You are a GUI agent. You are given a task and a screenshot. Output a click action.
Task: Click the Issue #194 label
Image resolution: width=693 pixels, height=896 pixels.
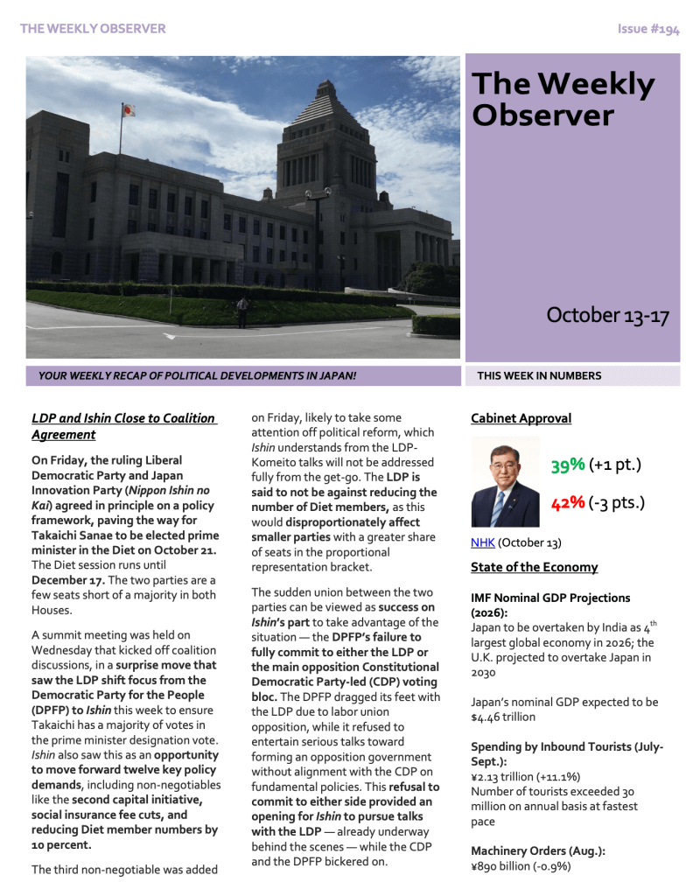click(647, 29)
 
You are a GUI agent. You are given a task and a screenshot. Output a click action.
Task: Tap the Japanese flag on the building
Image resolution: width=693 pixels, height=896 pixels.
click(128, 110)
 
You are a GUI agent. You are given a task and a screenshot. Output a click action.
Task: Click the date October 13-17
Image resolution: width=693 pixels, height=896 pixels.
click(607, 315)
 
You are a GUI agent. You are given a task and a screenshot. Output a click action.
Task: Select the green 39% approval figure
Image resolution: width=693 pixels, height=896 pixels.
click(568, 465)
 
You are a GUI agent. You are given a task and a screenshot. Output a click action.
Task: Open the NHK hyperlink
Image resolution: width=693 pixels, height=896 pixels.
click(482, 542)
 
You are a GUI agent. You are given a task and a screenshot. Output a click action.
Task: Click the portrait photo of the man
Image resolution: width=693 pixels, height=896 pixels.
click(505, 481)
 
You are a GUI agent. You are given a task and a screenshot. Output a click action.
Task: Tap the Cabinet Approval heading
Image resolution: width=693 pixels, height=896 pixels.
click(521, 418)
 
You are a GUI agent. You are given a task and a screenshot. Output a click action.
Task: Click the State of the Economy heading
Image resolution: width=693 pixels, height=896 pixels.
click(534, 567)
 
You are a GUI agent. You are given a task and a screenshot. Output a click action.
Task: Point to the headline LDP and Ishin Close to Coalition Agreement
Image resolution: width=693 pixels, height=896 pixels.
click(122, 426)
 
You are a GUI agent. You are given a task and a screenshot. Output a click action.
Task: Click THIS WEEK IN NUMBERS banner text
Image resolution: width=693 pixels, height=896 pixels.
click(539, 376)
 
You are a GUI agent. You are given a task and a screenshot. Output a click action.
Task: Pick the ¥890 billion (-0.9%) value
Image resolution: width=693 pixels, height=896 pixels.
click(521, 866)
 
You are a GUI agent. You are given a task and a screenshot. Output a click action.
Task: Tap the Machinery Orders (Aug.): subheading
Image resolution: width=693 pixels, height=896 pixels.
click(538, 850)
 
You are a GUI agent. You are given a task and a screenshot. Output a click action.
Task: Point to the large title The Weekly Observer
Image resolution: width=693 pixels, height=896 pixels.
click(563, 99)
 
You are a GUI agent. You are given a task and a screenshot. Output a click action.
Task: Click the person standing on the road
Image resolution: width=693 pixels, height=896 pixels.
click(242, 311)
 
